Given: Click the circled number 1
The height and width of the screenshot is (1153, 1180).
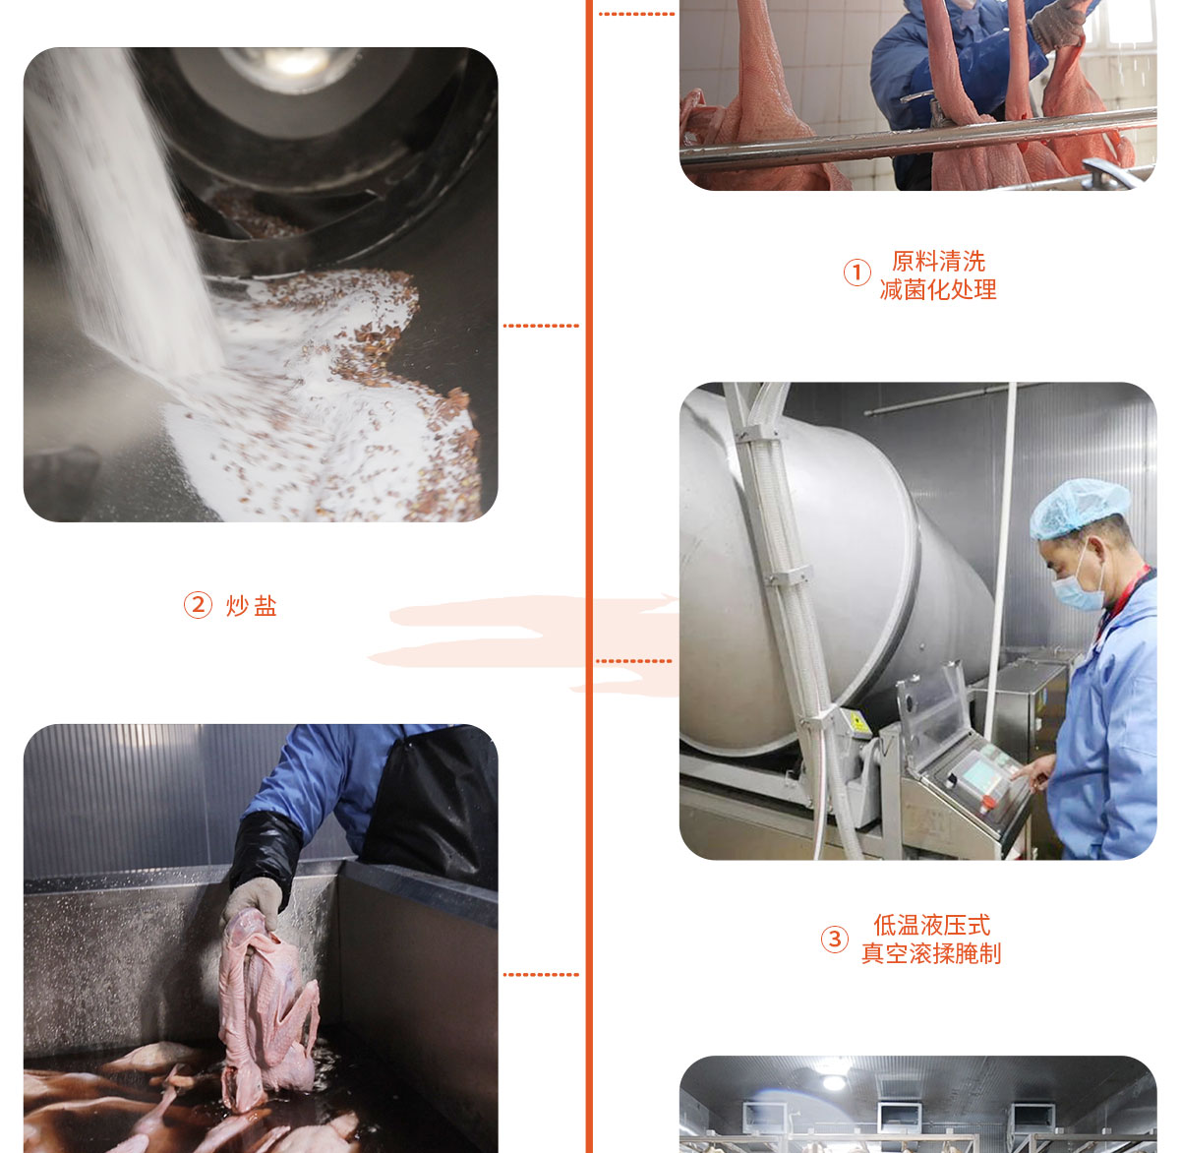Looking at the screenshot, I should click(x=856, y=273).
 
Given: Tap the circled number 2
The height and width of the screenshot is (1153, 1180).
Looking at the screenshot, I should click(x=198, y=604).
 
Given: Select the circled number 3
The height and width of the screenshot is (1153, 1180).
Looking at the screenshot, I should click(x=834, y=940).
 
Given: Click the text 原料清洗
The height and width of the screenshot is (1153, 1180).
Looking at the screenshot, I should click(x=938, y=261).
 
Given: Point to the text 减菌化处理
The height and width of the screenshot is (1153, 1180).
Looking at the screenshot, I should click(x=938, y=289).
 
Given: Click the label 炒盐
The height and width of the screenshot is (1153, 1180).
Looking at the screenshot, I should click(x=252, y=605).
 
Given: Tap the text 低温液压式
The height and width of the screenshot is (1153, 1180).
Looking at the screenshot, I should click(x=931, y=925).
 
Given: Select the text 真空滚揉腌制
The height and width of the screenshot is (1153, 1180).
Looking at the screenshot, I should click(x=931, y=953).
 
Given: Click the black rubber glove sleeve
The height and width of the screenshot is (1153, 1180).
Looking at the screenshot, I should click(x=265, y=851).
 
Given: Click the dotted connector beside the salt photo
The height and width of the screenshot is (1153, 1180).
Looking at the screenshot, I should click(x=541, y=326).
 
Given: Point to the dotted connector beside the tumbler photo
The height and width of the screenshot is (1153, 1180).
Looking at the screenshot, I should click(x=634, y=661).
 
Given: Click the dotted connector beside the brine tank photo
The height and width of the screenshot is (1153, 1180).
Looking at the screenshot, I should click(x=541, y=975).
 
